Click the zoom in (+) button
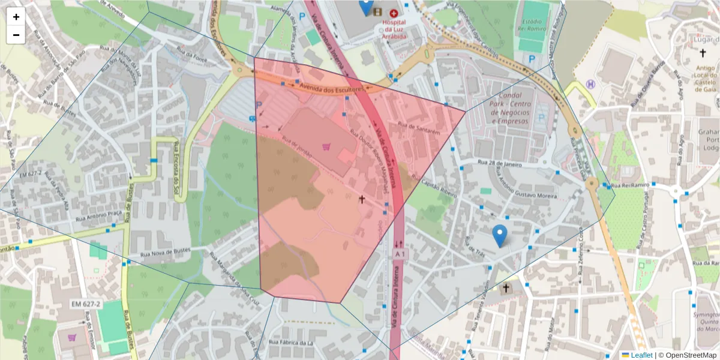16,17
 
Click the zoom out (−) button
16,35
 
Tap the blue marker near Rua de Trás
499,235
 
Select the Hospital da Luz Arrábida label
394,29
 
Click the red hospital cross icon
394,13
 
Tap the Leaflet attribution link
641,355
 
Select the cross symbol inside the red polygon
361,198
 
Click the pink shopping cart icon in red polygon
326,147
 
